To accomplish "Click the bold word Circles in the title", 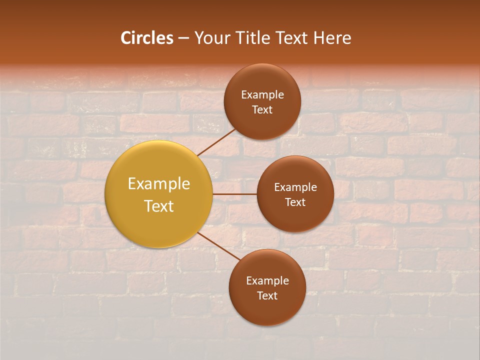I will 147,37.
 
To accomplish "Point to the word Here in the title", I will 332,37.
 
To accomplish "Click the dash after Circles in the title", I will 183,38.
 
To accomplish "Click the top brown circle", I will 262,122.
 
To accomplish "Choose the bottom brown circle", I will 267,310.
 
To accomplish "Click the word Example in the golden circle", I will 159,184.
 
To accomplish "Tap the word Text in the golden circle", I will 159,206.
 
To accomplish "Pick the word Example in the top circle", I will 262,94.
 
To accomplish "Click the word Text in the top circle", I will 262,109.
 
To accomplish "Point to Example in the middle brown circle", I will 295,187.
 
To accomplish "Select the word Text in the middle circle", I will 295,202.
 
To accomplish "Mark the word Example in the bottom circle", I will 267,280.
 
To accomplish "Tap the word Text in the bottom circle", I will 267,295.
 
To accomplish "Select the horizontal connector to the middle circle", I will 234,194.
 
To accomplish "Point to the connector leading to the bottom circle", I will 219,245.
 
